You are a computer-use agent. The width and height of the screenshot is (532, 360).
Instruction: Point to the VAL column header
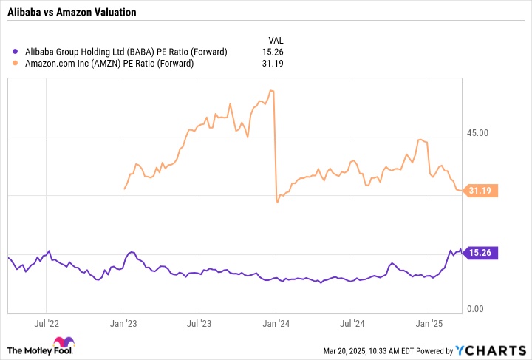[x=275, y=40]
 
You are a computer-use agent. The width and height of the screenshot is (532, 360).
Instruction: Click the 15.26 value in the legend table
[x=273, y=52]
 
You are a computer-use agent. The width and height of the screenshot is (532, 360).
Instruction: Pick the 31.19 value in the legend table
[x=273, y=63]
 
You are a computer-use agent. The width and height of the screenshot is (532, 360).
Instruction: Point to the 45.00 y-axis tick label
[x=478, y=133]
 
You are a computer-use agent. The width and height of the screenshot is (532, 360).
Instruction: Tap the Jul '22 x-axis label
[x=46, y=323]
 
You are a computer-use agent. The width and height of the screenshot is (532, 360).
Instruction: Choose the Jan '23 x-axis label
[x=123, y=323]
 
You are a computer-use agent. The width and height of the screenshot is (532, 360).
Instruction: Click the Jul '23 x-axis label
[x=199, y=323]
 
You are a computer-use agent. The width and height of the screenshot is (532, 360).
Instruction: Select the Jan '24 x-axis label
[x=276, y=323]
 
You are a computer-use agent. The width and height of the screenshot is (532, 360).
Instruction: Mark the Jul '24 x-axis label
[x=352, y=323]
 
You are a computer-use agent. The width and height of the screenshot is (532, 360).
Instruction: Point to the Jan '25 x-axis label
[x=429, y=323]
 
